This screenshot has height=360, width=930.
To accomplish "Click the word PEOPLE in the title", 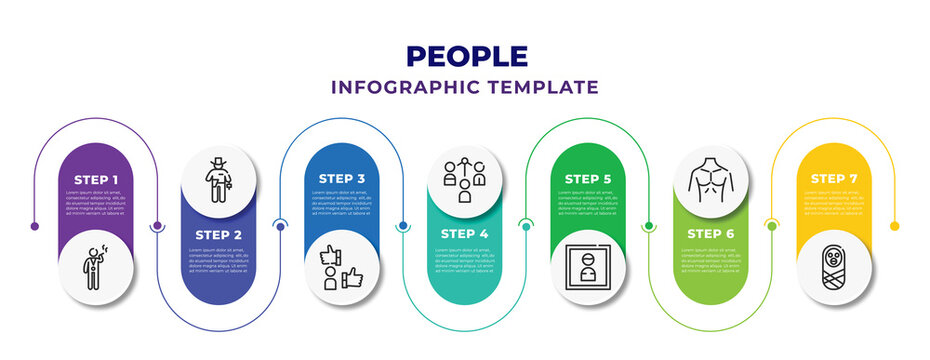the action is (x=465, y=55).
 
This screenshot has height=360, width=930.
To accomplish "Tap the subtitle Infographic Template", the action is (x=465, y=87).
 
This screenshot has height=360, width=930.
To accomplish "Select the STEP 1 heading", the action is (x=96, y=179).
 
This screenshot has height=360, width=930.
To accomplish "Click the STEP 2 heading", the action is (x=219, y=234).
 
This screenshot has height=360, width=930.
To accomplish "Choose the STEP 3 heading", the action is (x=342, y=179).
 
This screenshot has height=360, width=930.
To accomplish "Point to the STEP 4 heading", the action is (x=465, y=234).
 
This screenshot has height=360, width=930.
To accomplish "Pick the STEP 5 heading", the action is (x=588, y=179).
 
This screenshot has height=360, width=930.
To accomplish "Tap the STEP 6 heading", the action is (x=711, y=234).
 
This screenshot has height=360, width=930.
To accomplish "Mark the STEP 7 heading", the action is (x=834, y=179).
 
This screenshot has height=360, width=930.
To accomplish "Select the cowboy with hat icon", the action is (x=219, y=179).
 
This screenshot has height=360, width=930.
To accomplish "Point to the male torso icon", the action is (x=711, y=179).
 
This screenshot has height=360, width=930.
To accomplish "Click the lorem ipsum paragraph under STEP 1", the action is (x=96, y=203).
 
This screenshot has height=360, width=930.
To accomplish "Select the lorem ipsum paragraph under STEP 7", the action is (x=834, y=203).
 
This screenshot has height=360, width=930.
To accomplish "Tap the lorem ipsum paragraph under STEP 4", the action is (x=465, y=259).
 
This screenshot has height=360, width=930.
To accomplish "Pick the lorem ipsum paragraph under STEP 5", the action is (x=588, y=203).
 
